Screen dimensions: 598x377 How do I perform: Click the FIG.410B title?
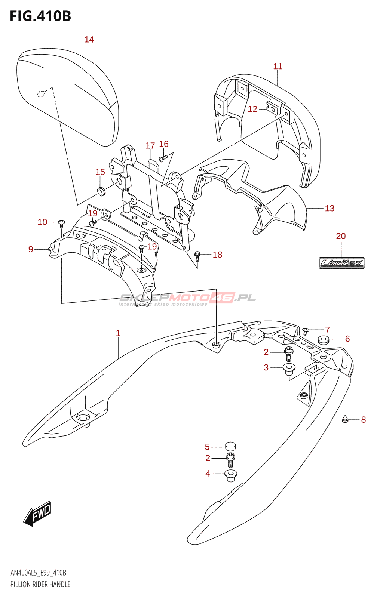pos(40,16)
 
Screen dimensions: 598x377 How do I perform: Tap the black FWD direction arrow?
pos(37,514)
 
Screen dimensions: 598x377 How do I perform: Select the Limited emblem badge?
pos(341,263)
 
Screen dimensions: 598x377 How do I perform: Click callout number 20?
pos(341,236)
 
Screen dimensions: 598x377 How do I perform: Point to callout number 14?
pos(89,40)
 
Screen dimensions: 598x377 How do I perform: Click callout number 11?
pos(278,67)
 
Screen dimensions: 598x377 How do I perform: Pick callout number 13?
pos(330,209)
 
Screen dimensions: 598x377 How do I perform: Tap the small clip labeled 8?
pos(346,419)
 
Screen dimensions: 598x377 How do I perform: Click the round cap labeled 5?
pos(230,446)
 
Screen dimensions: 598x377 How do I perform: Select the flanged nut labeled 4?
pos(230,475)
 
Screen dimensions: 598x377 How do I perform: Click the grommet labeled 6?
pos(323,340)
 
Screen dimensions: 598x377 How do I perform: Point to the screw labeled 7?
pos(306,330)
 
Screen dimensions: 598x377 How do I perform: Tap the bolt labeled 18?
pos(197,256)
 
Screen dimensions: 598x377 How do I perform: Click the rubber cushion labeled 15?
pos(101,192)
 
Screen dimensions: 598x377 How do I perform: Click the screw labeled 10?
pos(62,223)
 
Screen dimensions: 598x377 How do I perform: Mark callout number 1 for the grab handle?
pos(118,333)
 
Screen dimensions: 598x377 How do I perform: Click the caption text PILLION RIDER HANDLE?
pos(40,584)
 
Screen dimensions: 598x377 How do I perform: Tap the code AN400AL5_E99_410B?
pos(39,573)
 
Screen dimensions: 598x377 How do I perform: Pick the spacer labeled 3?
pos(289,369)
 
